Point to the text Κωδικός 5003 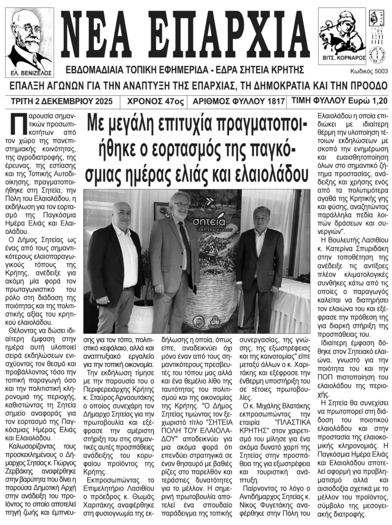click(369, 72)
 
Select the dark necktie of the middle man click(186, 251)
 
